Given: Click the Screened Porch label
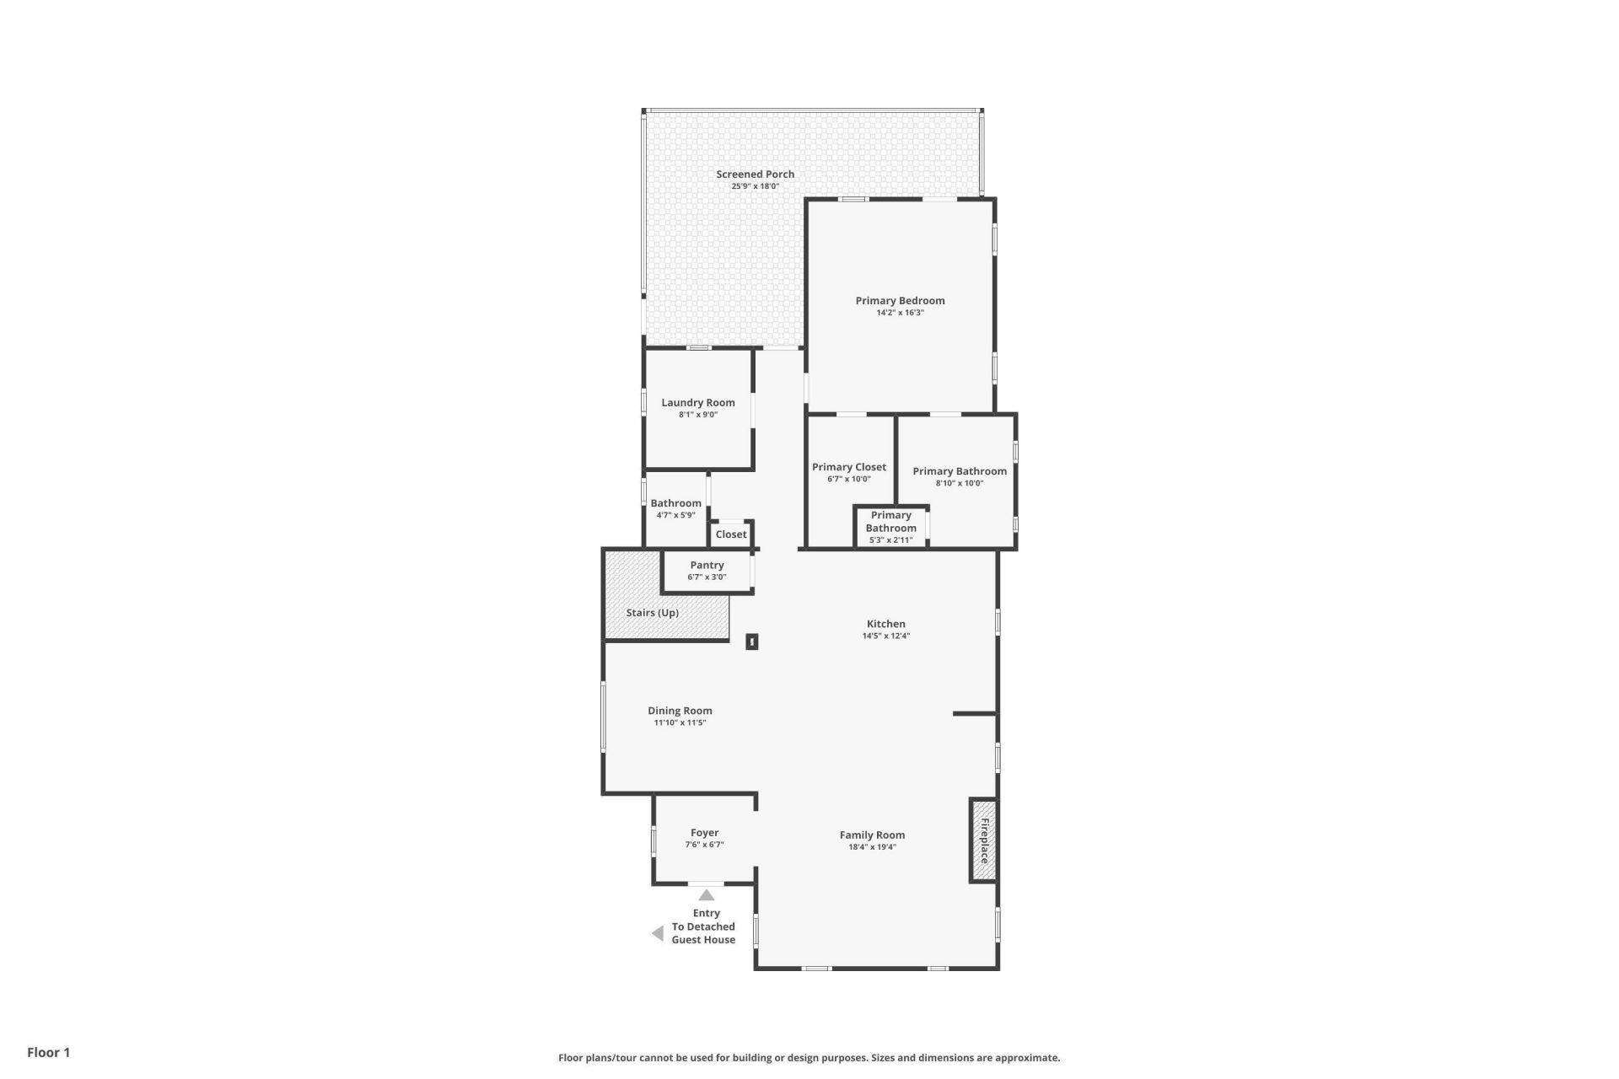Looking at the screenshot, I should (755, 174).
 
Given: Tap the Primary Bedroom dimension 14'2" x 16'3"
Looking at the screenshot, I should (900, 313).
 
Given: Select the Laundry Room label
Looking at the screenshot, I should (697, 403).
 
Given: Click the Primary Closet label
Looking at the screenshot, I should (848, 467).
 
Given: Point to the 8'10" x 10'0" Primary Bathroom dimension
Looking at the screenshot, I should (959, 484).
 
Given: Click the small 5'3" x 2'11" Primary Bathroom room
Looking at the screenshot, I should (890, 527).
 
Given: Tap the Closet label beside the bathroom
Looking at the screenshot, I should (730, 534).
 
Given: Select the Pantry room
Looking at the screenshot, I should (707, 571).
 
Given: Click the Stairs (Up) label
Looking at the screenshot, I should (652, 613).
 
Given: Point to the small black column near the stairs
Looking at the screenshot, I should (751, 641).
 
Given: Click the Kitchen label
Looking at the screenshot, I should (885, 624).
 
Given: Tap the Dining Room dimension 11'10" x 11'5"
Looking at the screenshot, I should (680, 723).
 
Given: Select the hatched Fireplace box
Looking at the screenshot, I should (983, 840).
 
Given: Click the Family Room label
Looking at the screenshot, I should (872, 835).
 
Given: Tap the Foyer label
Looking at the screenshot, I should (704, 833).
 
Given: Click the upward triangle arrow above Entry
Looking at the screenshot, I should (707, 895).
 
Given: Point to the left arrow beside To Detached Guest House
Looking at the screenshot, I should (658, 933).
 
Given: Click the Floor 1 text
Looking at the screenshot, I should (49, 1052).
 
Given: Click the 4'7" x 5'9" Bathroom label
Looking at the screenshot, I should (675, 503).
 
